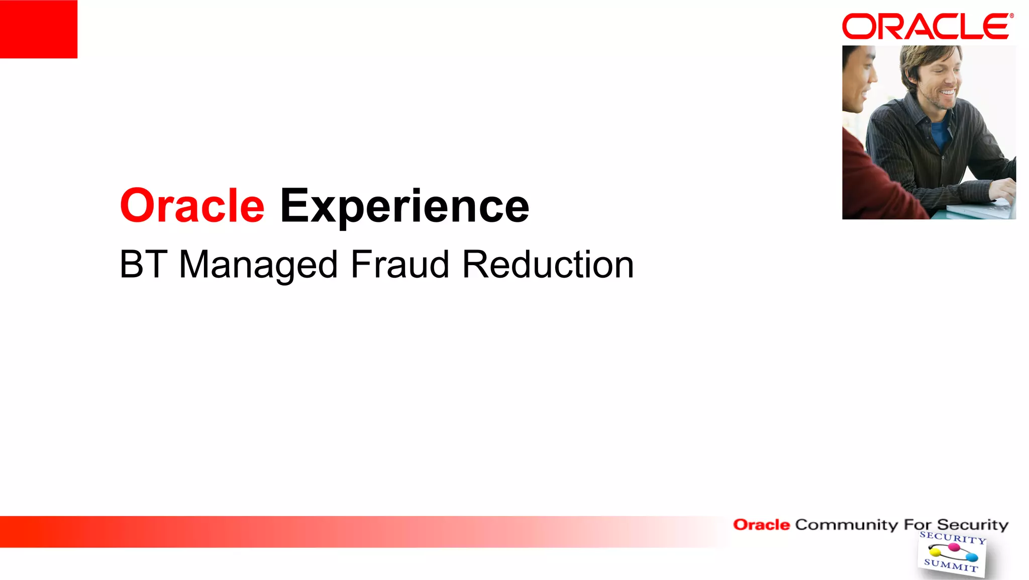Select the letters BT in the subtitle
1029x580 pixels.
[x=143, y=265]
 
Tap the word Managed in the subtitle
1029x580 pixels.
[x=258, y=266]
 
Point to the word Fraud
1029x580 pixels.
[x=400, y=265]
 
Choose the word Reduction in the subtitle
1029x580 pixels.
[x=548, y=265]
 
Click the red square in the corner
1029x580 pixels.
[x=38, y=29]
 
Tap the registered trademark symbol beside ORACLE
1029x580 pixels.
[x=1012, y=16]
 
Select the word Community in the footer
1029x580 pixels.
[x=846, y=525]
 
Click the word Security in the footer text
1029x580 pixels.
[x=972, y=525]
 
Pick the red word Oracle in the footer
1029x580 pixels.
[x=761, y=525]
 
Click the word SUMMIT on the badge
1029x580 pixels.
[x=951, y=565]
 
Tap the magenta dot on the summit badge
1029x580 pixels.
[x=954, y=547]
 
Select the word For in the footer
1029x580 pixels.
[x=917, y=525]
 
